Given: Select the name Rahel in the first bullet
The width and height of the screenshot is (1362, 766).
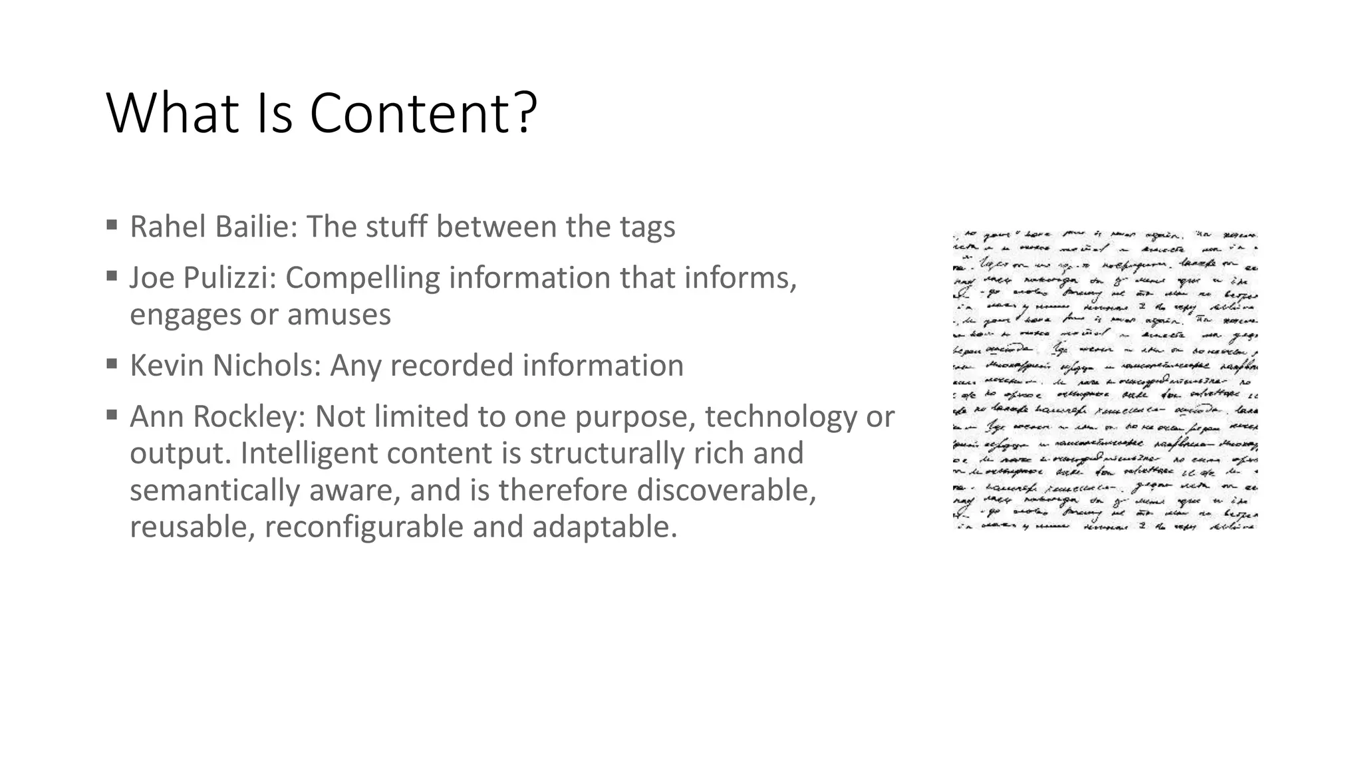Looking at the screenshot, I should (167, 227).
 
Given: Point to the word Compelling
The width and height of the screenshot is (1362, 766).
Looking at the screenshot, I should (362, 278).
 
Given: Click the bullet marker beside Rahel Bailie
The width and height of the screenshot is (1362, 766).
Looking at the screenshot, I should (112, 224).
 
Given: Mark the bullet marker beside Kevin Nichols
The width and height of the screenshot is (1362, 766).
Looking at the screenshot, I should (112, 363).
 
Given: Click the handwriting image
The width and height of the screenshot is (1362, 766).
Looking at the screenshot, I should (1105, 380).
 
